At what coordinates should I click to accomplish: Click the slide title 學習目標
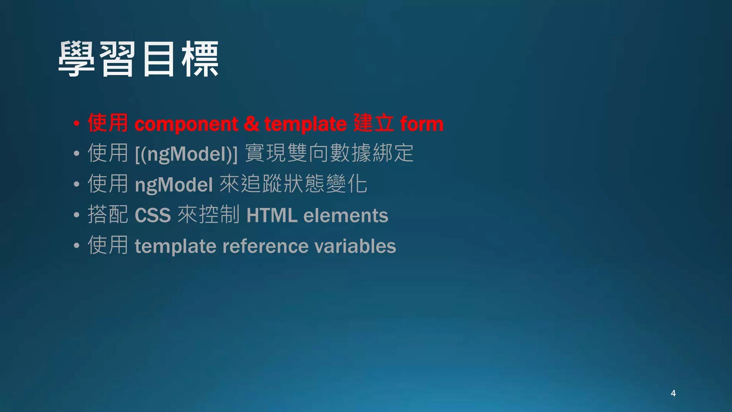(138, 59)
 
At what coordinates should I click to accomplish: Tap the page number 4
(673, 393)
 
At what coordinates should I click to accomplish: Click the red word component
(186, 124)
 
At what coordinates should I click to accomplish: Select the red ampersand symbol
(251, 124)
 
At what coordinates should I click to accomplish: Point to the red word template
(305, 124)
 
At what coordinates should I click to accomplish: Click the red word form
(422, 124)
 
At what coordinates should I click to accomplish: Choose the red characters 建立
(374, 123)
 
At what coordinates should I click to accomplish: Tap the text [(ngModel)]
(186, 154)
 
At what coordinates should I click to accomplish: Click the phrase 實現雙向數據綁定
(329, 153)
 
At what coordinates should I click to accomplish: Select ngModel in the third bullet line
(174, 185)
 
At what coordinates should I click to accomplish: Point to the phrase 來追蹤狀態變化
(293, 184)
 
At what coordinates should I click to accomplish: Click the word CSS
(153, 215)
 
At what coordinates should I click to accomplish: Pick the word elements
(346, 215)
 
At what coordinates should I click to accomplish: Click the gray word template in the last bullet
(175, 246)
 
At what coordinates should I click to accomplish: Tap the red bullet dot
(76, 124)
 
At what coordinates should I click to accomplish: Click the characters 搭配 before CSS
(108, 215)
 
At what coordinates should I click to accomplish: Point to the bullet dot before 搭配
(76, 215)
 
